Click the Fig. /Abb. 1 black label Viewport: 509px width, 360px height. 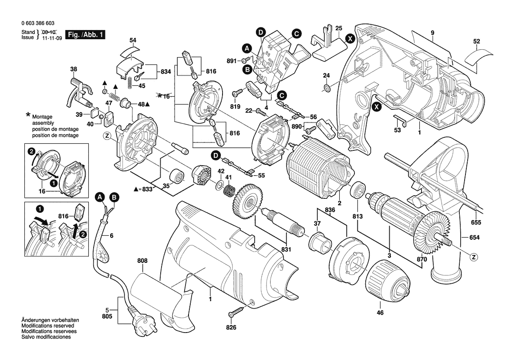pyautogui.click(x=85, y=34)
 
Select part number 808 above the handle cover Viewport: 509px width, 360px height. pyautogui.click(x=142, y=261)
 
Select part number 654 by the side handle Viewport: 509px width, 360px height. pyautogui.click(x=475, y=238)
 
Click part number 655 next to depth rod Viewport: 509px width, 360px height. pyautogui.click(x=475, y=223)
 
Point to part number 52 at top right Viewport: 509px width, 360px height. pyautogui.click(x=476, y=42)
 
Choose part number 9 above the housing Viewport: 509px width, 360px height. pyautogui.click(x=432, y=33)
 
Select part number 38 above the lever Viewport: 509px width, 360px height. pyautogui.click(x=74, y=69)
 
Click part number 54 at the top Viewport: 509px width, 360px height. pyautogui.click(x=133, y=41)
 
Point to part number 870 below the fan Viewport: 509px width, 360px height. pyautogui.click(x=421, y=259)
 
